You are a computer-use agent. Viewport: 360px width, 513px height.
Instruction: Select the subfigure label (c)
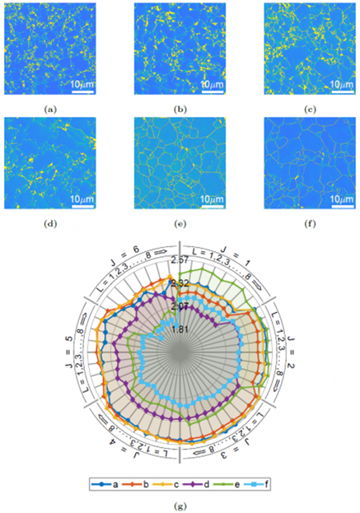(309, 109)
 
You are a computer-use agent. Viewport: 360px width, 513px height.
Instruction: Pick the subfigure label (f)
(309, 223)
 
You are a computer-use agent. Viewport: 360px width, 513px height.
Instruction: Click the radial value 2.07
(180, 306)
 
